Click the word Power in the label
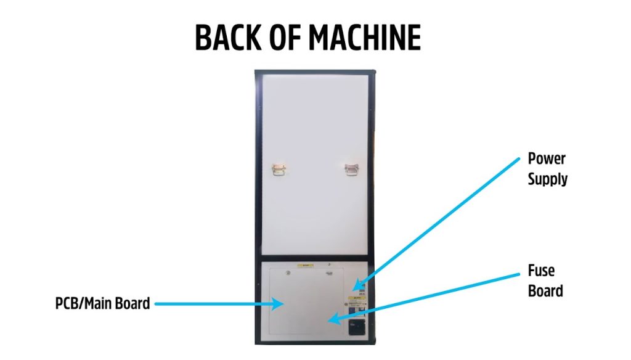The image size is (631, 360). tap(547, 158)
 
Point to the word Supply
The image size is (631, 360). tap(548, 180)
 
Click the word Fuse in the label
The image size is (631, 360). tap(542, 270)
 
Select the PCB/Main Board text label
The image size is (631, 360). tap(102, 303)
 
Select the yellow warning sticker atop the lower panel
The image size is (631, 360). tap(306, 265)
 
